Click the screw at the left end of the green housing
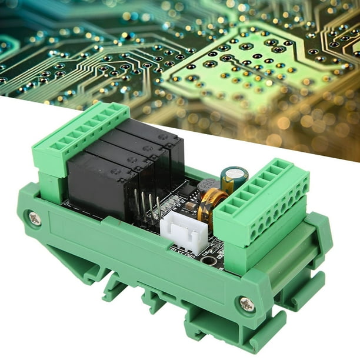coord(35,218)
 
